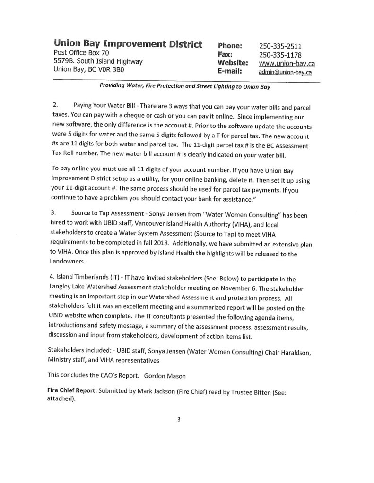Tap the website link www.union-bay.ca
(x=287, y=63)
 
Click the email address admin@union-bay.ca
(x=285, y=72)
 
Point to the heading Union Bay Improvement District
(x=128, y=44)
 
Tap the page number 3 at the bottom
(x=179, y=419)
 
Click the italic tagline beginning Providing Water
(x=185, y=86)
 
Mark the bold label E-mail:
(x=230, y=72)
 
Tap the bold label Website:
(x=233, y=63)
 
